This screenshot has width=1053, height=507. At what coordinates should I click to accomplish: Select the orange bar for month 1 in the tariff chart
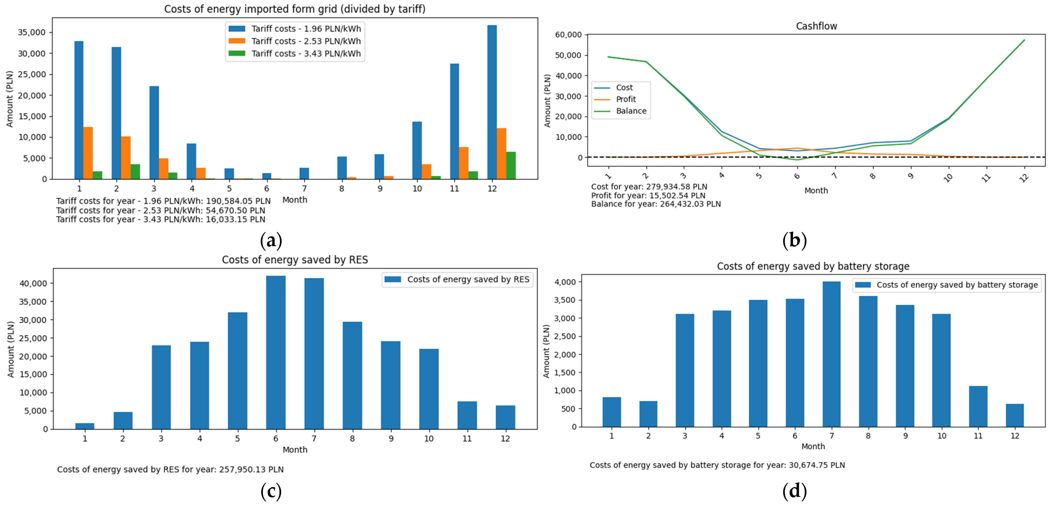point(88,153)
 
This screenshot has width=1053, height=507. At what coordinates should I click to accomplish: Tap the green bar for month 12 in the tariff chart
point(511,166)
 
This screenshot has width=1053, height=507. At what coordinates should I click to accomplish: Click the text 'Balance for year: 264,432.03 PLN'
point(656,204)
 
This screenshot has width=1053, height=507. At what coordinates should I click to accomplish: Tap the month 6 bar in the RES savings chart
point(276,352)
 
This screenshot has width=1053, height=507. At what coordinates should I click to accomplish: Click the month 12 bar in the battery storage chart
point(1015,416)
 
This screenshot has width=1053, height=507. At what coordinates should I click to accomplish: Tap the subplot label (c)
point(271,491)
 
